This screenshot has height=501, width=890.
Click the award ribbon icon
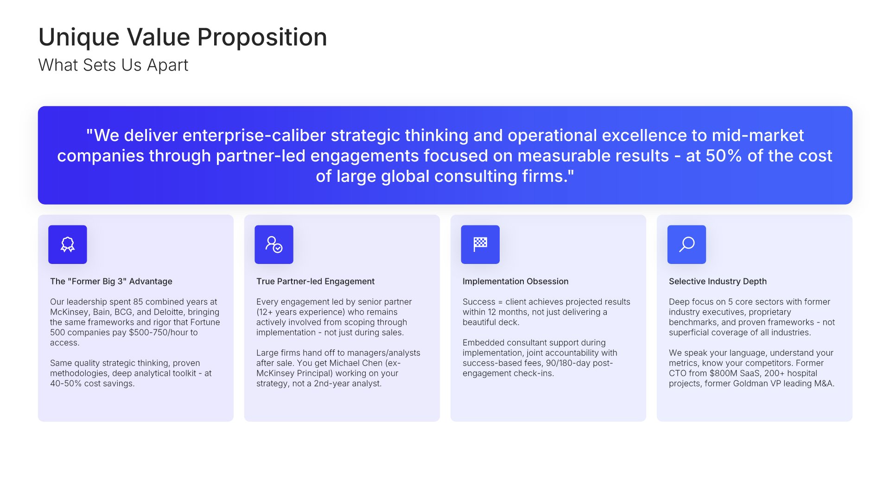tap(68, 244)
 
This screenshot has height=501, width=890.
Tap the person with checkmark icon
tap(274, 244)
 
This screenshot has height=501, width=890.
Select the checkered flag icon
tap(480, 244)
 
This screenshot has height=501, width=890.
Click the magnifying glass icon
tap(687, 244)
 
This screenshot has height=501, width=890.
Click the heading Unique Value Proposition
tap(183, 37)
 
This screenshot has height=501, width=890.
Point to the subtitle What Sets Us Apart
tap(113, 65)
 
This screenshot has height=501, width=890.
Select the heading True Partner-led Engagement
tap(315, 281)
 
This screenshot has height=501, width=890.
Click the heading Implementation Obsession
tap(515, 281)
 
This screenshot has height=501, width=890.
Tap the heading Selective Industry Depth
tap(718, 281)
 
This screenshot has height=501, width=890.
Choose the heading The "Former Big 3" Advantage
tap(111, 281)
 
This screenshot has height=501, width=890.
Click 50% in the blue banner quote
tap(724, 156)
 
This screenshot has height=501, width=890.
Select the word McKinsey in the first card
tap(69, 312)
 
